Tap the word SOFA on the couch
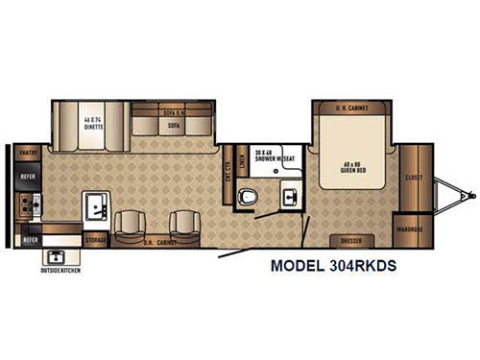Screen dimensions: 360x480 [174, 124]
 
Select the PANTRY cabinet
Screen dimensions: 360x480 [25, 153]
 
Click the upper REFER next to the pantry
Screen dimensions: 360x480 [25, 177]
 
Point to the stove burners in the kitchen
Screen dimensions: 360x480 [26, 204]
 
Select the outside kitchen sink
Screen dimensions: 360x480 [57, 256]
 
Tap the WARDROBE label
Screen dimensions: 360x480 [410, 228]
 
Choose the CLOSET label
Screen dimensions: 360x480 [414, 178]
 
